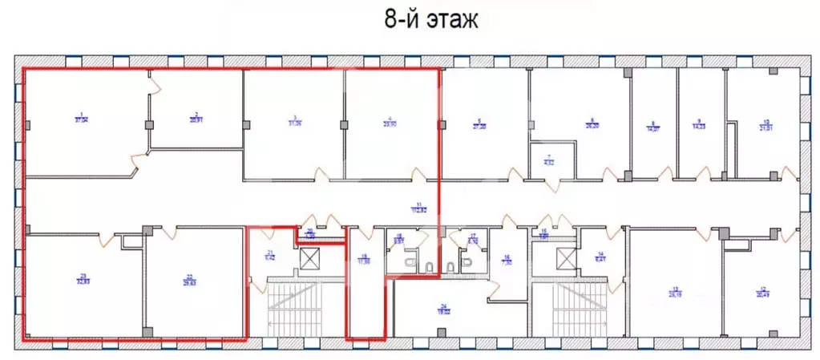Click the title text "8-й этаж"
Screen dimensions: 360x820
(x=431, y=20)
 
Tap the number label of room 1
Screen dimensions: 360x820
(x=81, y=117)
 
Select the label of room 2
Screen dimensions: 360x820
(x=195, y=117)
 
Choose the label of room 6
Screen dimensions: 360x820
(x=593, y=124)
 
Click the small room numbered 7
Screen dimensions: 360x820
(x=550, y=160)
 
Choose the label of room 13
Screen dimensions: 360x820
(x=675, y=291)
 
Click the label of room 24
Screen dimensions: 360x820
(x=442, y=307)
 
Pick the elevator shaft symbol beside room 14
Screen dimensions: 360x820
(x=566, y=258)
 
